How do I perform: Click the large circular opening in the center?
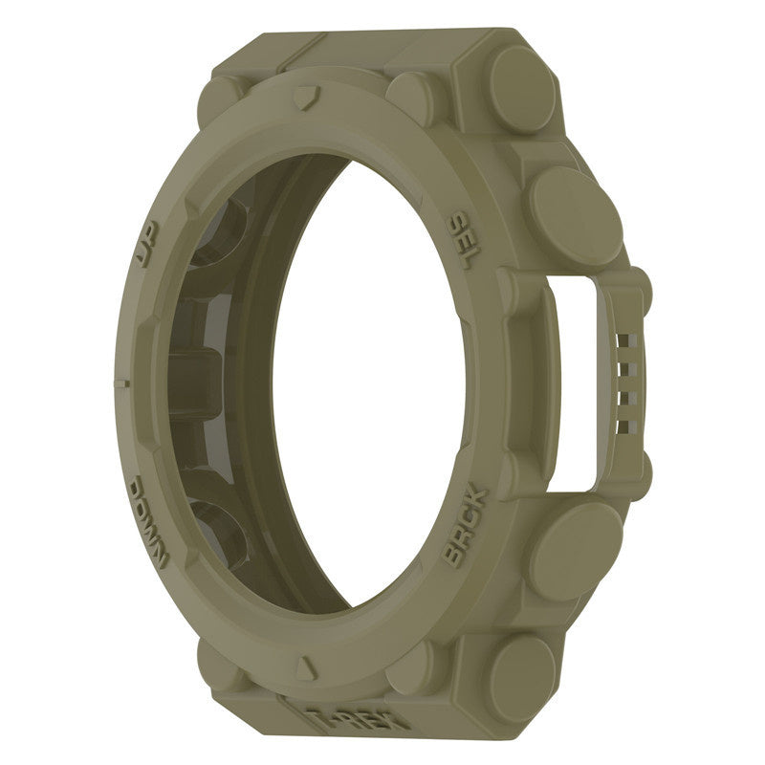tap(382, 382)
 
